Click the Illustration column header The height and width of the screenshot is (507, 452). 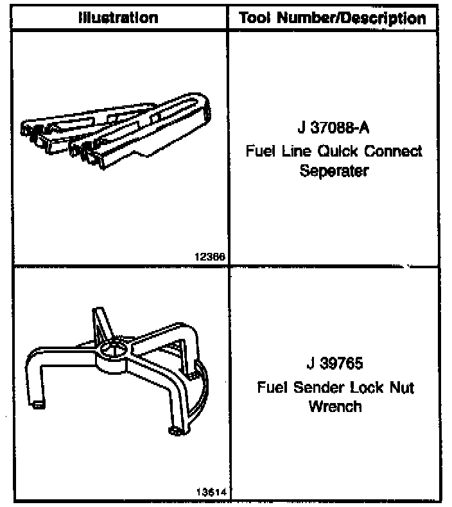pyautogui.click(x=117, y=17)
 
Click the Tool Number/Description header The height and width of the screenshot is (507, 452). pyautogui.click(x=333, y=17)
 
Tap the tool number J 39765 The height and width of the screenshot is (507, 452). pyautogui.click(x=334, y=364)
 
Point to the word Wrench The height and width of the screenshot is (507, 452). pyautogui.click(x=335, y=407)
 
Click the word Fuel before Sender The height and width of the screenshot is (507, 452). pyautogui.click(x=272, y=387)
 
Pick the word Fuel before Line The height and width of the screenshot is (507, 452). pyautogui.click(x=261, y=151)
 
